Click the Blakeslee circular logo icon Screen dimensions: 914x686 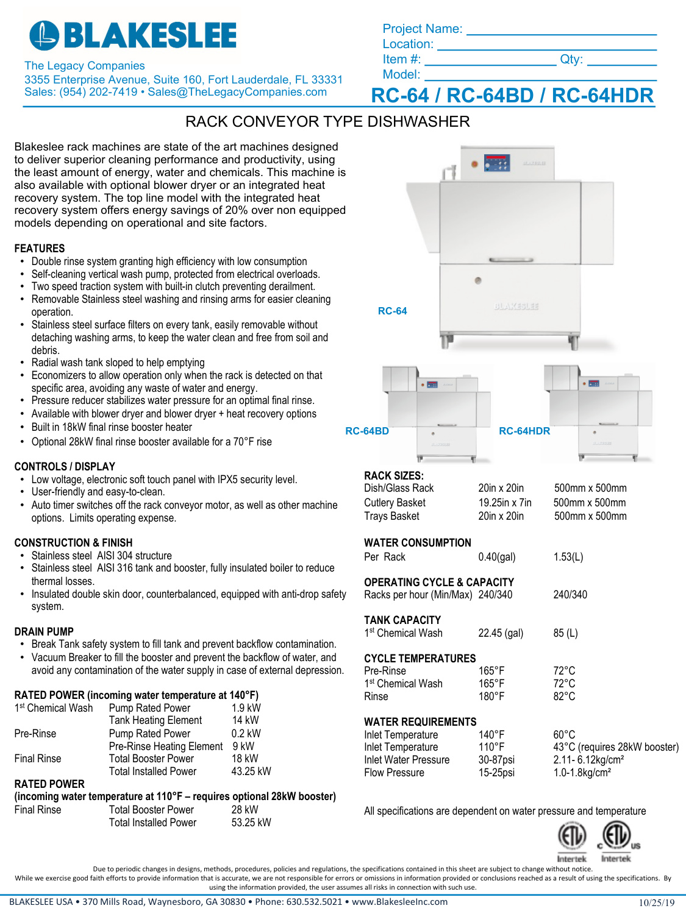point(44,35)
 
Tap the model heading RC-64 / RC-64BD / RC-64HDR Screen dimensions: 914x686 point(512,96)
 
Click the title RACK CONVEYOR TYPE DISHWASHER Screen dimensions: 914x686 point(327,122)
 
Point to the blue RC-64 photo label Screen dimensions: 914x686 point(392,311)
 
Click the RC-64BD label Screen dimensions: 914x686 point(367,431)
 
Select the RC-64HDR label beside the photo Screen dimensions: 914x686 point(524,431)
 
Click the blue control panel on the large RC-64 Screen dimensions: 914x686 point(496,163)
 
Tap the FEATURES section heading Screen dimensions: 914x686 point(40,249)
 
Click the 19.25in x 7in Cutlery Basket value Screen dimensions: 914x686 point(505,503)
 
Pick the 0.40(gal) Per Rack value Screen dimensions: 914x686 point(497,557)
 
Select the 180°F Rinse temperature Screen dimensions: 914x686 point(491,696)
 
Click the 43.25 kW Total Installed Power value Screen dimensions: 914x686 point(251,771)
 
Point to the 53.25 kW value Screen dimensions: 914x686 point(251,823)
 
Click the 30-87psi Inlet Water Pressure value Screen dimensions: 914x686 point(496,760)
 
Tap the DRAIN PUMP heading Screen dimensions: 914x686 point(44,632)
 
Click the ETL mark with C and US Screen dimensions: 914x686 point(617,837)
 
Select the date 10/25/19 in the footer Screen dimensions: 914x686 point(656,902)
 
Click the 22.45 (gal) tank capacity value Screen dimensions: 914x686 point(501,633)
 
